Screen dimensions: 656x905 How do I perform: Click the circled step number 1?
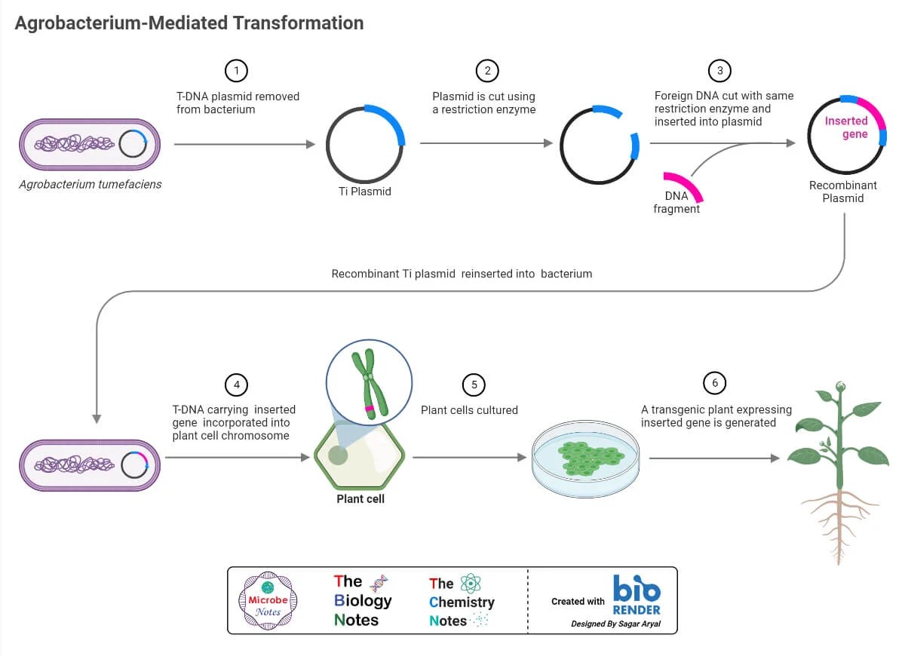point(236,71)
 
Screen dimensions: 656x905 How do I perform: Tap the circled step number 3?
point(719,71)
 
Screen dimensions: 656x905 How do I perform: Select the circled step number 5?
point(474,385)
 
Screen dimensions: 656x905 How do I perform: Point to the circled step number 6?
point(715,383)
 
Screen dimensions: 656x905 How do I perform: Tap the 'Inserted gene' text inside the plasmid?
point(847,127)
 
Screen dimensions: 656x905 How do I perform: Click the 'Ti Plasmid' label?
point(365,192)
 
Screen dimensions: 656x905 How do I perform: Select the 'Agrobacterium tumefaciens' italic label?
point(90,184)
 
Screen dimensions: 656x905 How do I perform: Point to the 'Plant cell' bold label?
point(360,498)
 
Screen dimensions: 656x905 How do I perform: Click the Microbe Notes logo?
point(268,600)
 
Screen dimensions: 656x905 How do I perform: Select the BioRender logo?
point(637,595)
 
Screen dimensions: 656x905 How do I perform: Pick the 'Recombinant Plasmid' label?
point(842,192)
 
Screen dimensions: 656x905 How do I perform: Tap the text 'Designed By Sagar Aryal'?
point(615,624)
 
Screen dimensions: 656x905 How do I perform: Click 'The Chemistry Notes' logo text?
point(462,602)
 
